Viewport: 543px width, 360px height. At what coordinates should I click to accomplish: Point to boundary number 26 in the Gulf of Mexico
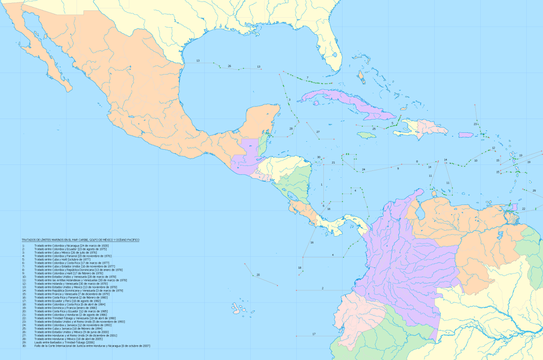229,66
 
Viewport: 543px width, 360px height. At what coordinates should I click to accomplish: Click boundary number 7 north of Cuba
307,78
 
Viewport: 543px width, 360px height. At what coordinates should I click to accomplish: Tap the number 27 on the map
318,132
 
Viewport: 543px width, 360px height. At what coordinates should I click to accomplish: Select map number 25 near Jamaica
374,128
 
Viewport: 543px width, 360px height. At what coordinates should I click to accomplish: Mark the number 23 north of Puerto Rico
475,123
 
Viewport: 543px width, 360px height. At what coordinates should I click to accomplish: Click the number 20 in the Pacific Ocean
258,275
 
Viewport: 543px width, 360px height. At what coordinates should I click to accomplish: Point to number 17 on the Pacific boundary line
313,334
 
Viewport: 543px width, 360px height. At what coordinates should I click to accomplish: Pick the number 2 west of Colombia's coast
322,288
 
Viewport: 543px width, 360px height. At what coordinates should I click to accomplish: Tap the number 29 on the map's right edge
534,190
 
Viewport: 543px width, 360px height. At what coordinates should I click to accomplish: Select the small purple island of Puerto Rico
466,134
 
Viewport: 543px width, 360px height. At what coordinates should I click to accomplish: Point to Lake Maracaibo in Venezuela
421,212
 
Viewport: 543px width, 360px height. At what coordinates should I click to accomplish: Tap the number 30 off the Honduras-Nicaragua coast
318,158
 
